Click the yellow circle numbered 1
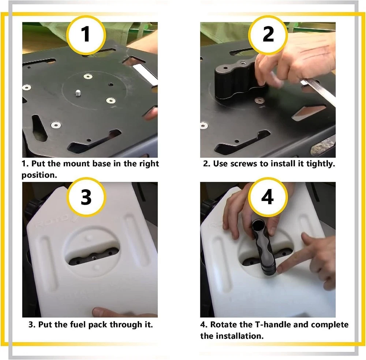(86, 35)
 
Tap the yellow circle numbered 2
(268, 35)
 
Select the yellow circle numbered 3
(86, 197)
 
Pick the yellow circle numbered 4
(268, 197)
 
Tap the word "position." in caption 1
(39, 175)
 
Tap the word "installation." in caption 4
(240, 336)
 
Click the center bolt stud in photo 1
(78, 93)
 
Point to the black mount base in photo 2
(238, 79)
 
